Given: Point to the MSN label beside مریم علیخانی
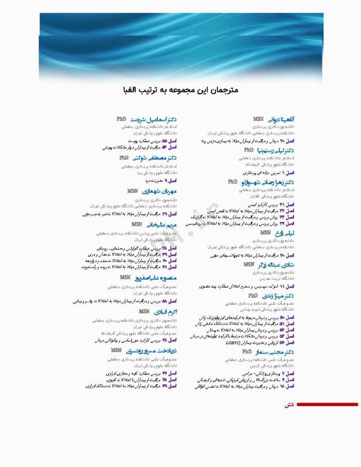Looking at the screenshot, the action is [137, 224].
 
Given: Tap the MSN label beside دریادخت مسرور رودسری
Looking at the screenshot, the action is [116, 351].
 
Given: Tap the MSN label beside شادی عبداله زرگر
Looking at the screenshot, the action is [249, 265].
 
